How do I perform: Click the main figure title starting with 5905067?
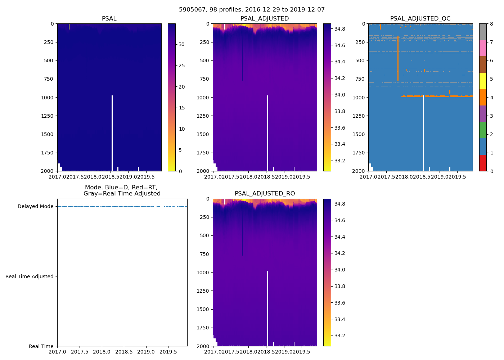coord(252,10)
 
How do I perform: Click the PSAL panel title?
coord(109,19)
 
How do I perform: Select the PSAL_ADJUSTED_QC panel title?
coord(420,19)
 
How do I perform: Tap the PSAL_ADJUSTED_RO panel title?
coord(265,194)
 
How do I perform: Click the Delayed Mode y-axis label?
coord(35,207)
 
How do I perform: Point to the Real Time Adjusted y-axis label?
coord(30,276)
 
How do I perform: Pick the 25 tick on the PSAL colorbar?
coord(182,66)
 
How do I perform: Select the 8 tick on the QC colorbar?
coord(491,24)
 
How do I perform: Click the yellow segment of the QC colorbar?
coord(483,81)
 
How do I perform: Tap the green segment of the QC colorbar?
coord(483,130)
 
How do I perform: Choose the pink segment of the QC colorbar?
coord(483,48)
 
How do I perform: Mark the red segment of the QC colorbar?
coord(483,163)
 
